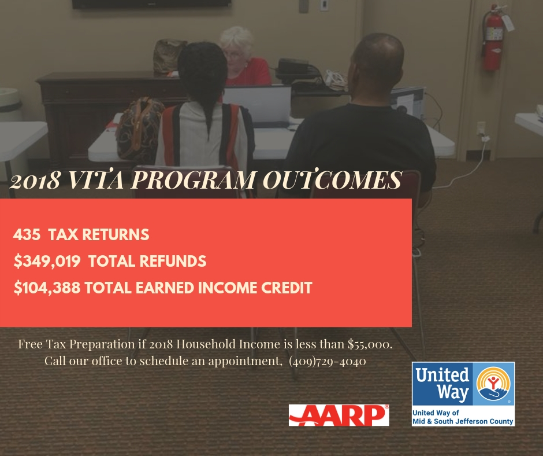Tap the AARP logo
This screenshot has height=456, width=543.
click(x=339, y=415)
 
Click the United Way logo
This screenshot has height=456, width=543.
click(x=463, y=394)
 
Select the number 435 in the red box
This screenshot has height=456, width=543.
click(x=27, y=234)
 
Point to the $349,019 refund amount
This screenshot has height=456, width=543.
click(x=47, y=262)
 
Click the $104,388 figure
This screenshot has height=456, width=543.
click(x=47, y=288)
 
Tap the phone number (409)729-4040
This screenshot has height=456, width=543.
click(x=328, y=361)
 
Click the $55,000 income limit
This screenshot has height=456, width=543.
click(x=370, y=344)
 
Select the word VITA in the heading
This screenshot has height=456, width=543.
click(x=96, y=180)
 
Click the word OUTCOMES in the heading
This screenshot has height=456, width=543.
click(x=332, y=180)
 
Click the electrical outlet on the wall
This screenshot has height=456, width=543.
click(x=481, y=128)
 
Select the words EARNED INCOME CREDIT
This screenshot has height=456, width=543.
click(x=224, y=288)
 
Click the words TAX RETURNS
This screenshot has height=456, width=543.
click(x=99, y=234)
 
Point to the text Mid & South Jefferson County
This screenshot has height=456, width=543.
click(x=463, y=421)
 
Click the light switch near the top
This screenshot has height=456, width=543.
click(x=324, y=5)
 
